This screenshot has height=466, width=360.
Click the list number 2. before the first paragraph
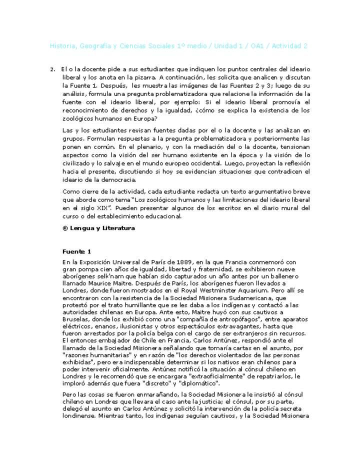tap(52, 69)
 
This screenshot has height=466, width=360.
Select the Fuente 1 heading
tap(76, 252)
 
